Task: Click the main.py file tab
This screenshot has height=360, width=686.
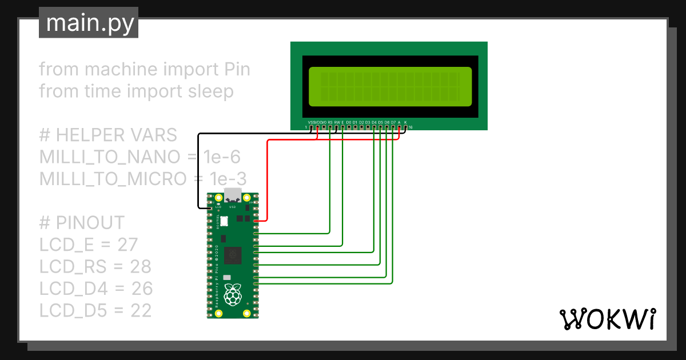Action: coord(89,24)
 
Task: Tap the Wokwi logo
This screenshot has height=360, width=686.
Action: coord(607,319)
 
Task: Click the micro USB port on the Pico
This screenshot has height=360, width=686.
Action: coord(233,195)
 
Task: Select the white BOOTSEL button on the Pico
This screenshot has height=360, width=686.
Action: coord(224,221)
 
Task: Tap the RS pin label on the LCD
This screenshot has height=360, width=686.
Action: coord(330,122)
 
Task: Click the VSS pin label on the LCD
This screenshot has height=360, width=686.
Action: coord(311,122)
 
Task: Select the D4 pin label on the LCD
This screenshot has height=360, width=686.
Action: coord(374,122)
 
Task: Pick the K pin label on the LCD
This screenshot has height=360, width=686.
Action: coord(405,122)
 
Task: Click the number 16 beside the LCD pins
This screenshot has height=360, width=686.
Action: coord(410,127)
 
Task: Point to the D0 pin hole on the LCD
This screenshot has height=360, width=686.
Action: coord(349,127)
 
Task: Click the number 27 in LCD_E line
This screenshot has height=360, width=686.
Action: coord(127,245)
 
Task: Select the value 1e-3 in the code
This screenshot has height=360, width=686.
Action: coord(226,178)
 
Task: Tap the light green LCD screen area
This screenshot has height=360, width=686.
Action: coord(390,87)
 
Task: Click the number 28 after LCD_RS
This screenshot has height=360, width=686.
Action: coord(139,266)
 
